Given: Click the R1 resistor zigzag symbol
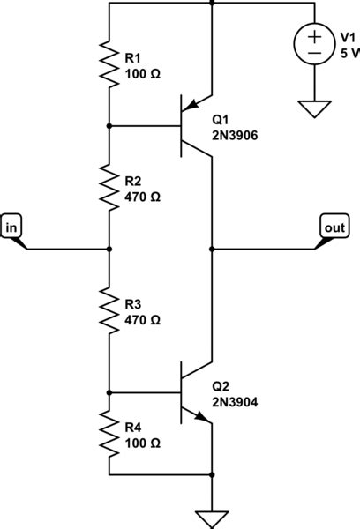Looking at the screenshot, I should click(109, 64).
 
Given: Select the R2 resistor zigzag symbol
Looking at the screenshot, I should click(109, 187).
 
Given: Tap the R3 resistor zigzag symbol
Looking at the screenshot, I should click(109, 309).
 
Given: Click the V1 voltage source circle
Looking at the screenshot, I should click(314, 44).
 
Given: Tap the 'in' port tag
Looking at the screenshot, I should click(12, 227).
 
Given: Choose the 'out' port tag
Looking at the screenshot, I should click(334, 227).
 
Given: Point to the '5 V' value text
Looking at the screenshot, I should click(350, 52).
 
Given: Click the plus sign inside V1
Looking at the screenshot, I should click(314, 36).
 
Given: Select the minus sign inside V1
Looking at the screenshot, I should click(314, 53).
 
